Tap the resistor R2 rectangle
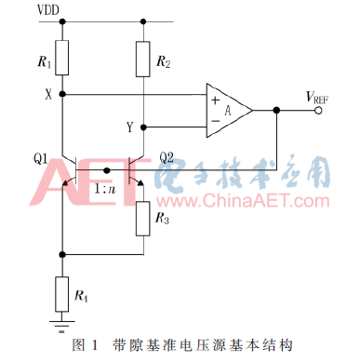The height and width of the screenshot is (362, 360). (141, 58)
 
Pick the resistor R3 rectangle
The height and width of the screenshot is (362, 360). (141, 218)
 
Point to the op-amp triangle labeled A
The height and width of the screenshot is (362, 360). (227, 108)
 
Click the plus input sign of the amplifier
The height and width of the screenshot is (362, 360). (217, 98)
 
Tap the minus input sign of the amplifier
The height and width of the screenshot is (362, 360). (217, 118)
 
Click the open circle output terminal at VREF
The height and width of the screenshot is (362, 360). (319, 109)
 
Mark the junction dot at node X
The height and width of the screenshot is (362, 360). (61, 93)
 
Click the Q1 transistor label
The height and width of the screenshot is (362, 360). (39, 157)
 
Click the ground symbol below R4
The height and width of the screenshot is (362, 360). (61, 325)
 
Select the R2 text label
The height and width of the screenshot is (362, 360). (164, 63)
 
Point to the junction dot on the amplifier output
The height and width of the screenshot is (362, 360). (277, 109)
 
